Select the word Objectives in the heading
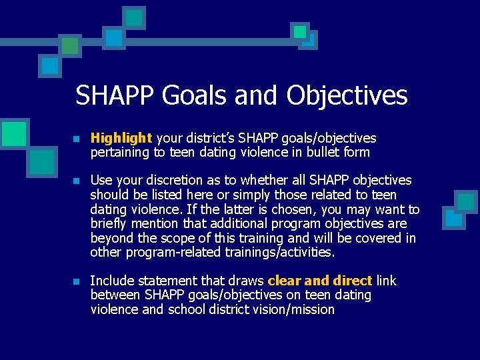coord(347,95)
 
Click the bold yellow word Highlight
coord(121,138)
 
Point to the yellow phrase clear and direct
coord(319,281)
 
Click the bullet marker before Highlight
coord(77,139)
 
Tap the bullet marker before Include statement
coord(77,281)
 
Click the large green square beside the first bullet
coord(15,133)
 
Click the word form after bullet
coord(357,153)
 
